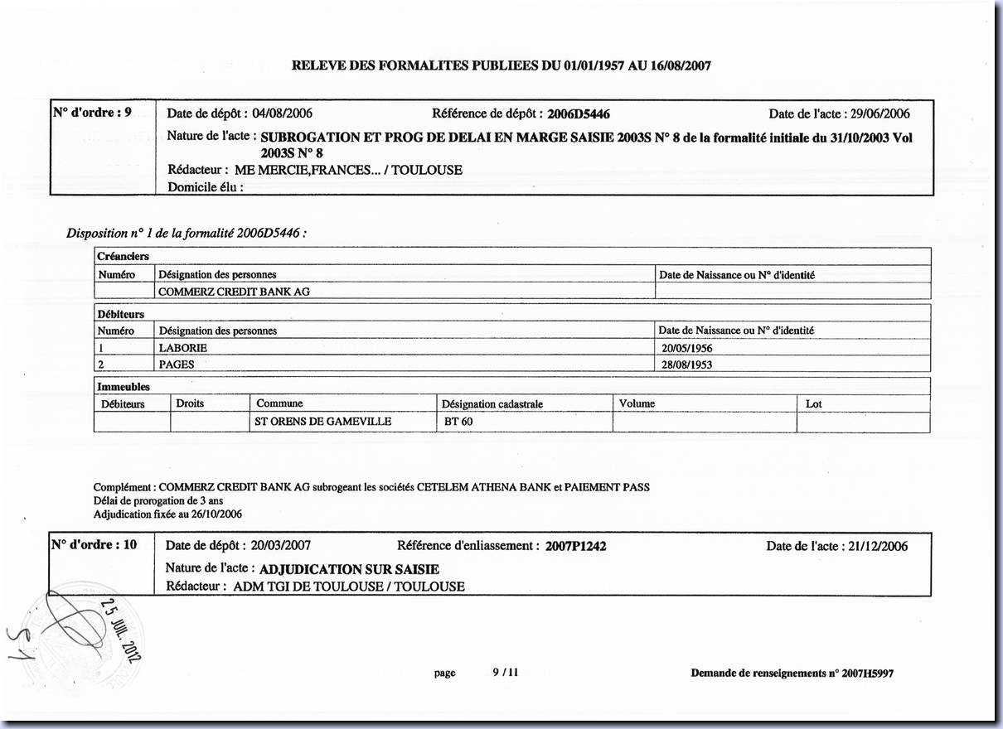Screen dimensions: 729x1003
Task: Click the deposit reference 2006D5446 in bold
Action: [579, 114]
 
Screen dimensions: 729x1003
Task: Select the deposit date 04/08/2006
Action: [282, 113]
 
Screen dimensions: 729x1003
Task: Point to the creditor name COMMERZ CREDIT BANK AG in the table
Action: [235, 292]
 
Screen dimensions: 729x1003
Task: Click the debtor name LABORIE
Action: [182, 348]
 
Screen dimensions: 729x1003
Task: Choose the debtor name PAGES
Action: [177, 364]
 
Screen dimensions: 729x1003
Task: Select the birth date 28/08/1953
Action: [686, 364]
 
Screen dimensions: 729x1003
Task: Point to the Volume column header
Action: [637, 403]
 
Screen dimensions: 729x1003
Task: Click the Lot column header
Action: [814, 404]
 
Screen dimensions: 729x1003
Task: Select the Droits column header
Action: [190, 403]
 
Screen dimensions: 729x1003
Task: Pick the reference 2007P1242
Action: [575, 546]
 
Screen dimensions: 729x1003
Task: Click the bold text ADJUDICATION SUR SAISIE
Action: [349, 569]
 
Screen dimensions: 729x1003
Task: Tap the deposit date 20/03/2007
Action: [280, 545]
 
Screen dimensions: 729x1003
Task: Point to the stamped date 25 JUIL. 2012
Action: [122, 629]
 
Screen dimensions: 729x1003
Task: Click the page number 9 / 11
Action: [505, 673]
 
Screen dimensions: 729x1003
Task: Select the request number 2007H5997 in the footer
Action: [867, 673]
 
